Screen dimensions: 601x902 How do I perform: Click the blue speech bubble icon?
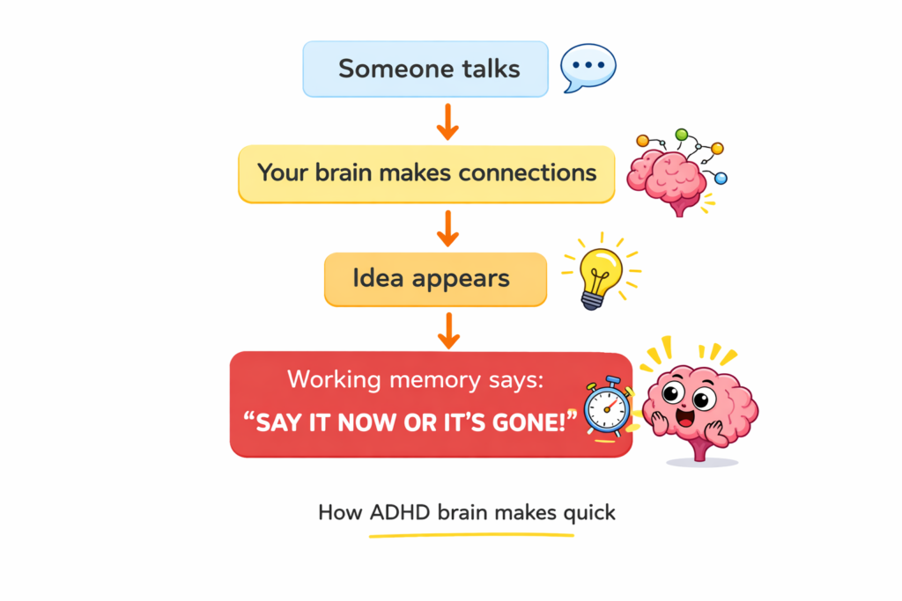pos(588,67)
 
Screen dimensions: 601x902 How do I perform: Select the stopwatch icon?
pos(606,407)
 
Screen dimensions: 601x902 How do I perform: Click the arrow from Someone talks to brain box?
pos(447,121)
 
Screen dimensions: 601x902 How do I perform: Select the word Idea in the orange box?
pos(377,279)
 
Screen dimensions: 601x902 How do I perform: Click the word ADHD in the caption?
pos(401,512)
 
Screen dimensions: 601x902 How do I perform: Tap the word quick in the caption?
pos(587,512)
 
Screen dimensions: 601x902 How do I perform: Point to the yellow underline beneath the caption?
pos(470,533)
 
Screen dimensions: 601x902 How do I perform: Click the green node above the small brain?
pos(680,135)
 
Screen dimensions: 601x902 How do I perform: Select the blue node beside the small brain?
pos(721,179)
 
